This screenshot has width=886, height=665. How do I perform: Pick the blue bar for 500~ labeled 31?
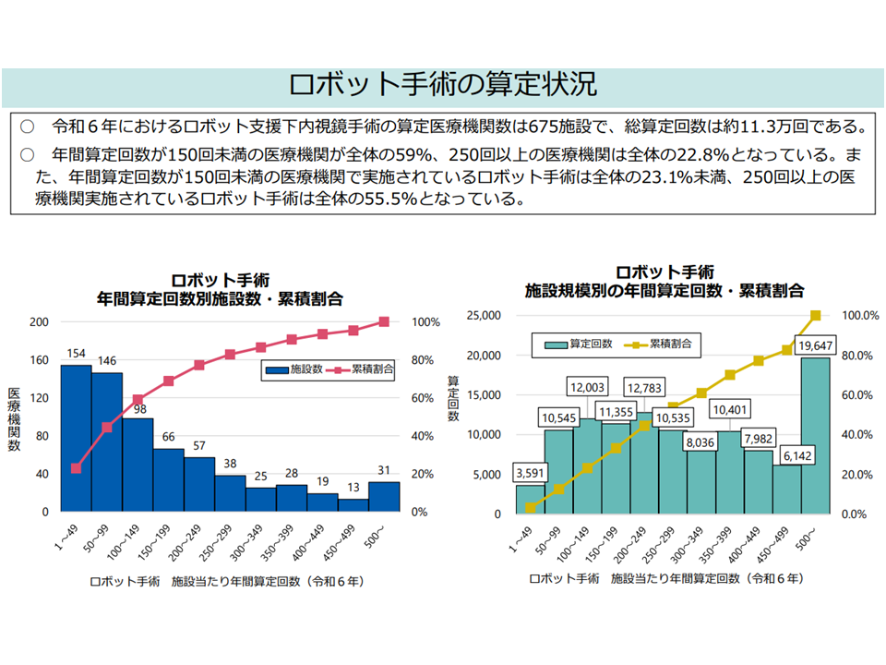pos(384,496)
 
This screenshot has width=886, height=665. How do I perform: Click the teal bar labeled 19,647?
pos(815,434)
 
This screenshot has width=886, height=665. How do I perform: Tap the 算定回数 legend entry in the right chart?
pos(581,344)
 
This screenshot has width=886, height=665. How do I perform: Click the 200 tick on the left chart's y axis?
pos(39,321)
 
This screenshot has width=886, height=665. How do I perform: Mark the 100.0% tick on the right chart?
pos(858,315)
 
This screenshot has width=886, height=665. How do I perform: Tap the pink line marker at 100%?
pos(384,321)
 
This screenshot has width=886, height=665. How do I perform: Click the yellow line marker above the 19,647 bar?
pos(815,316)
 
